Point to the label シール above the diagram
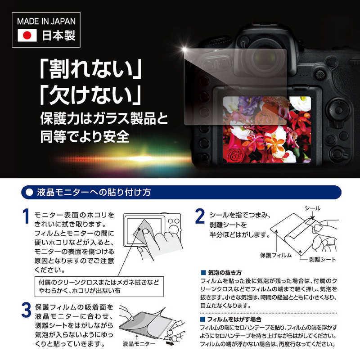313,208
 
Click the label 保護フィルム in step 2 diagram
275,255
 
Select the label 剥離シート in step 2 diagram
322,260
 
